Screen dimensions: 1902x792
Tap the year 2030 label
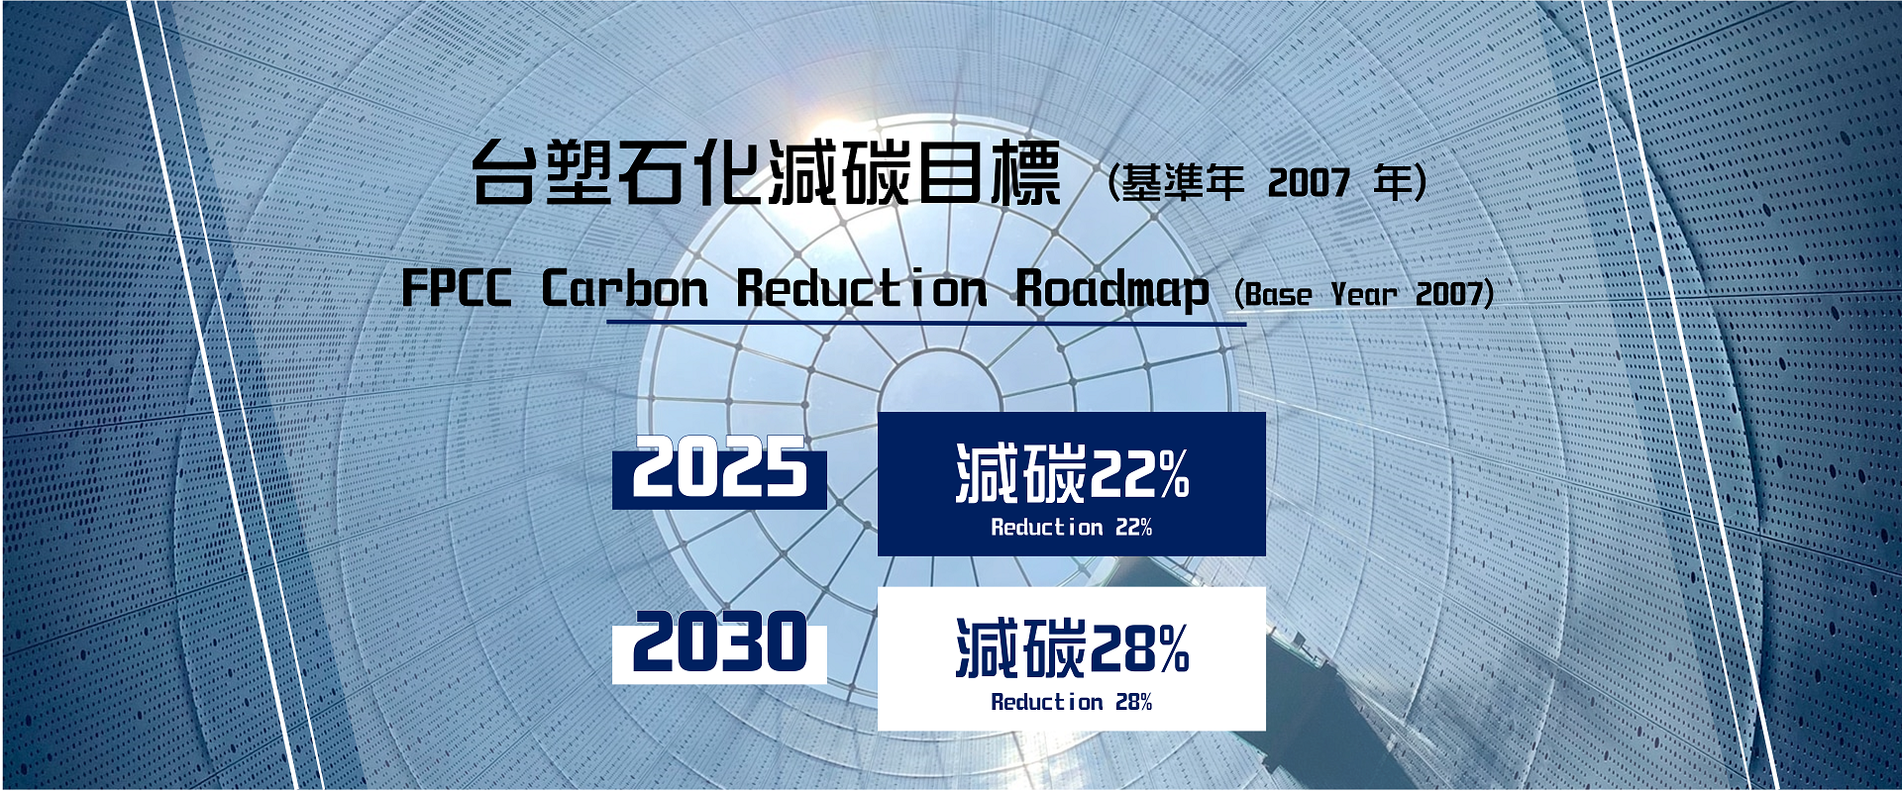[x=720, y=642]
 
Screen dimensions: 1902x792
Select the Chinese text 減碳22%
[x=1072, y=473]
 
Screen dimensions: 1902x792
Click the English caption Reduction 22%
[x=1072, y=528]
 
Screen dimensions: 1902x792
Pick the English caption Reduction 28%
[x=1072, y=702]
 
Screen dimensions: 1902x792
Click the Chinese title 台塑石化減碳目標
[x=766, y=173]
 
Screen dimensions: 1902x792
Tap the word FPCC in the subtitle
[x=457, y=289]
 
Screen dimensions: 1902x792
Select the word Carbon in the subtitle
[x=625, y=289]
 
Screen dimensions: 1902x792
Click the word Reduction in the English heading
[x=862, y=289]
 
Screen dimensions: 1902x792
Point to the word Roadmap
[x=1112, y=291]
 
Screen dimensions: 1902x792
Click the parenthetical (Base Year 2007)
[x=1364, y=294]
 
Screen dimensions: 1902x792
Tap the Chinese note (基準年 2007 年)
[x=1268, y=182]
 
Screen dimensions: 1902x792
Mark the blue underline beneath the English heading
[x=926, y=323]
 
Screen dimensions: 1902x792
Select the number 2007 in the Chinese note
[x=1309, y=183]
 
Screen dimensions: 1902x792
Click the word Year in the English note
[x=1364, y=294]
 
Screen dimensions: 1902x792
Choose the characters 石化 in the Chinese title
[x=690, y=173]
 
